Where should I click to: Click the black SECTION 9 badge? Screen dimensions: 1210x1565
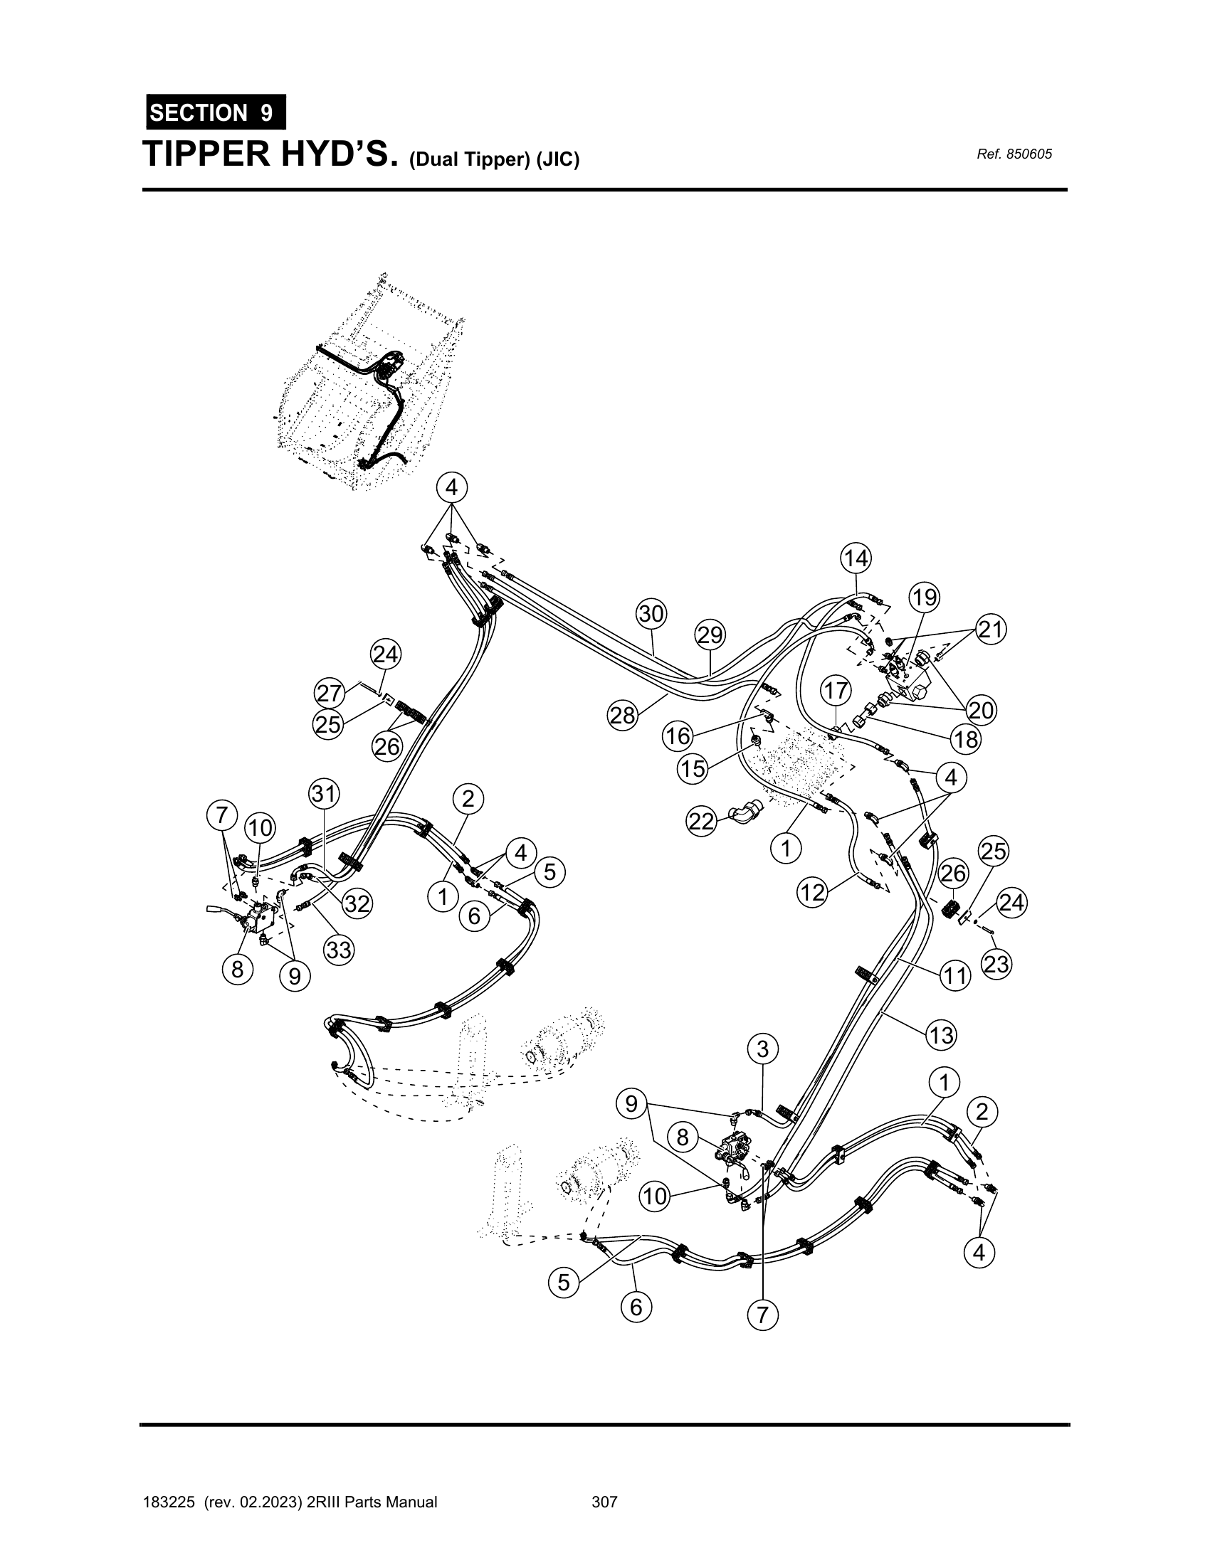pos(216,112)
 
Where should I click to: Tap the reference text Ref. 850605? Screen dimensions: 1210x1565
pos(1014,154)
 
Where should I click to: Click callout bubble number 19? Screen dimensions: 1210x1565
pos(925,597)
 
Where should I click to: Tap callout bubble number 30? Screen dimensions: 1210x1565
pos(651,614)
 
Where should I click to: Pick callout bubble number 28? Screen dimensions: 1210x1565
pos(623,715)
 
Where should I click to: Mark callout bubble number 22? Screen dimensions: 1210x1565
pos(702,821)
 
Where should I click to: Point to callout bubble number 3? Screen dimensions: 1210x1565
pos(763,1049)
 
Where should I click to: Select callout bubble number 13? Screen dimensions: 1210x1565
pos(941,1035)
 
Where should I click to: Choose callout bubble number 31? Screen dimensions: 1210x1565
pos(324,794)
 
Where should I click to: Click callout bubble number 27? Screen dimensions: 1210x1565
pos(329,694)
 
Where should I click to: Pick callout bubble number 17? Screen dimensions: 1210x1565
pos(836,691)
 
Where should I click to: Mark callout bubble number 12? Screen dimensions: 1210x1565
pos(813,893)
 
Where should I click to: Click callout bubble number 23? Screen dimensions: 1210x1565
pos(996,965)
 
